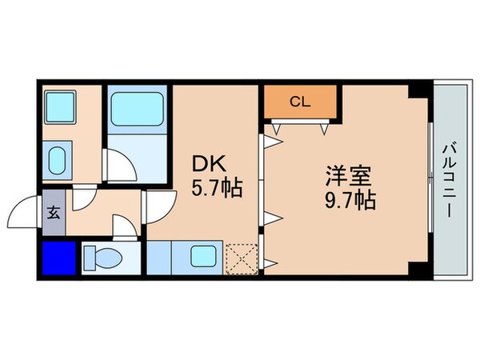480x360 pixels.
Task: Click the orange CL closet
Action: pos(300,102)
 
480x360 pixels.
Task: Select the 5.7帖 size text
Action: pos(217,190)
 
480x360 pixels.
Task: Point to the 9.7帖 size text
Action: pos(349,199)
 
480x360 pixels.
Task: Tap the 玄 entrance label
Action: pos(54,214)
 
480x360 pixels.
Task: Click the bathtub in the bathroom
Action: pos(136,109)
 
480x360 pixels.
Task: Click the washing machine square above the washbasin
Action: pos(58,106)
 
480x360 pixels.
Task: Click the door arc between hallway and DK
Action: pos(157,206)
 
